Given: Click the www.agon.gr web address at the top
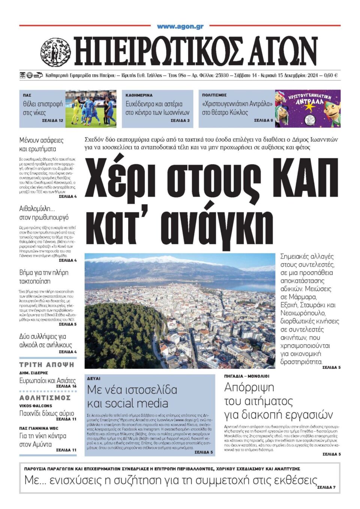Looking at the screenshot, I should coord(180,26).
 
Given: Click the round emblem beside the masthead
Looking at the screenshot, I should coord(55,52).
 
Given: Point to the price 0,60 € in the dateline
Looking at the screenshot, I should coord(331,75).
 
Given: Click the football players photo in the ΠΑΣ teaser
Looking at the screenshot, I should coord(91,108).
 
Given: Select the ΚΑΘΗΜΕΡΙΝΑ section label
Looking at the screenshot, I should coord(139,95).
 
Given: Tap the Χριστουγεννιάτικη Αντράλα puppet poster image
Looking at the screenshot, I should coord(307,108).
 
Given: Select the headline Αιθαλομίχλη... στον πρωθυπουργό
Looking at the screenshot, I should coord(44,213).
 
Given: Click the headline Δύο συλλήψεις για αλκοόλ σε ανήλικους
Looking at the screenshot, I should coord(45,341).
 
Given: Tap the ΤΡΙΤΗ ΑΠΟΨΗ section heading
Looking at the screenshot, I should coord(47,365).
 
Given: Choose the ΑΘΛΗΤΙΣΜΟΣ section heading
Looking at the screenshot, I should coord(45,398).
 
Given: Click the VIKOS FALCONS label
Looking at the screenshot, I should coord(36,406).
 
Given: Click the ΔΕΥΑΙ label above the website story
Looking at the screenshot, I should coord(94,379).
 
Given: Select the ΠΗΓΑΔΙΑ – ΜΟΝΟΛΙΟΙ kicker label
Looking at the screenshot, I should coord(247,376).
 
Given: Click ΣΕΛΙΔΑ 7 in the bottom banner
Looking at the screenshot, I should coord(326,487).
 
